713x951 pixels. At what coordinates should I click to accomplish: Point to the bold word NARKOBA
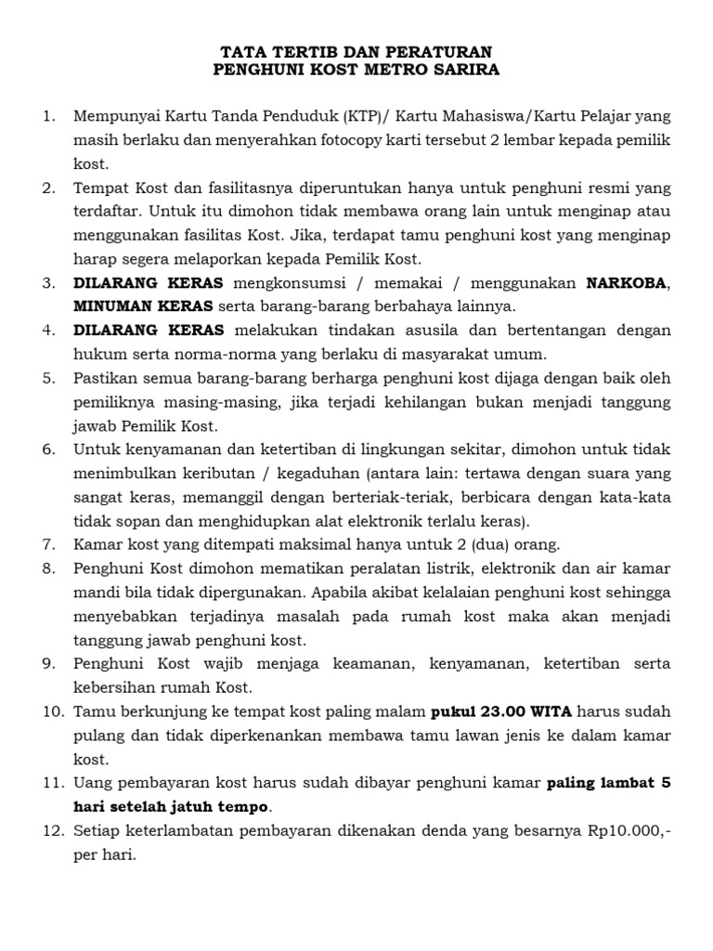626,283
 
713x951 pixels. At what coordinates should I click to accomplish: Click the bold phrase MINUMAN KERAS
143,306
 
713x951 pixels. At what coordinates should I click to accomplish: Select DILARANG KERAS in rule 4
149,331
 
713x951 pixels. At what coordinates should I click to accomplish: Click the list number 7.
48,545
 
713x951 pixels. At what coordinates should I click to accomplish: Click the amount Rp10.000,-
624,830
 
